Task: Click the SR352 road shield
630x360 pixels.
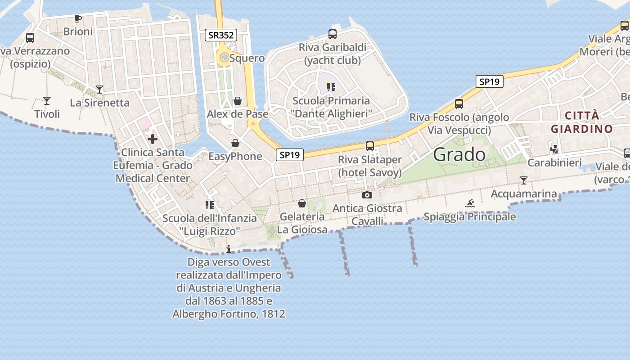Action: (221, 35)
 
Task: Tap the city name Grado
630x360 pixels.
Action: (459, 155)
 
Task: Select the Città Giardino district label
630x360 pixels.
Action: (581, 122)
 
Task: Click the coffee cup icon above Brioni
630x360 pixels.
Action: (78, 18)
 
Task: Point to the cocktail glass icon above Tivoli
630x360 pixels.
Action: (47, 100)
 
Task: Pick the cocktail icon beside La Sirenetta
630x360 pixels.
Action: (99, 90)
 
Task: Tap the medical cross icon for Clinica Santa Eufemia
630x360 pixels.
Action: (153, 139)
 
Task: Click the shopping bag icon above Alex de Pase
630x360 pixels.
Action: (238, 101)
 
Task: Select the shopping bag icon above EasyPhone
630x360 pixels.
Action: (235, 143)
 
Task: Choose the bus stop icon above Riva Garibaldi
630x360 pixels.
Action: (333, 34)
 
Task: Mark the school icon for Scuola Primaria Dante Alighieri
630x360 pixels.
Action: (331, 87)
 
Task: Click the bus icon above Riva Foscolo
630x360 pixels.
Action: (459, 104)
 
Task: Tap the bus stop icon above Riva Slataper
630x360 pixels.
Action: (370, 146)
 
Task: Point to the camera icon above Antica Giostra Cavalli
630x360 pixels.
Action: (367, 195)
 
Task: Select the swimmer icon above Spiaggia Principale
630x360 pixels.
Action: (470, 203)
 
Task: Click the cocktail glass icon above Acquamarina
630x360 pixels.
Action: (524, 180)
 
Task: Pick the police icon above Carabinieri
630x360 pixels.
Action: (554, 149)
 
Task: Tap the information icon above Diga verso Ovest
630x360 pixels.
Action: (229, 249)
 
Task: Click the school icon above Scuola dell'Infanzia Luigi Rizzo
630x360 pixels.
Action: (209, 205)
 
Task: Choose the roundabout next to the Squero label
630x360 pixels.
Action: (223, 57)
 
